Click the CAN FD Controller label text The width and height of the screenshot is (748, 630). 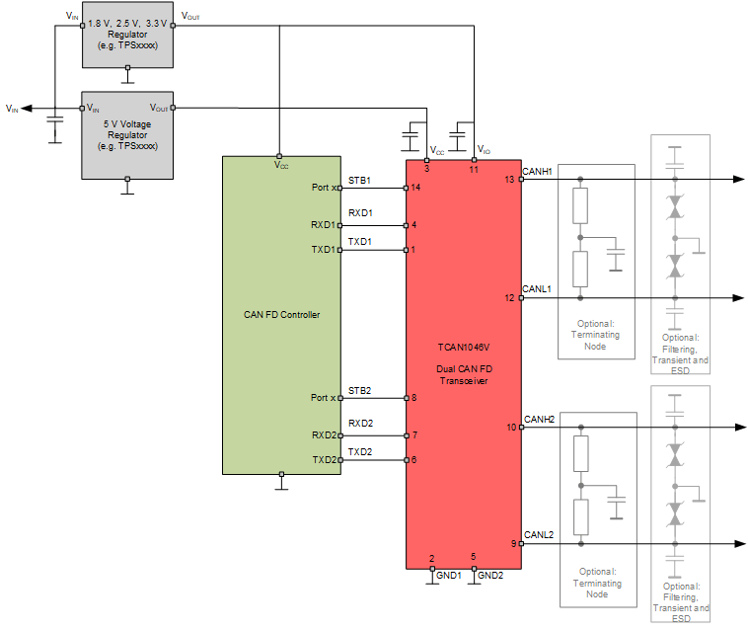pyautogui.click(x=281, y=315)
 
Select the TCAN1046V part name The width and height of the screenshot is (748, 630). pyautogui.click(x=464, y=348)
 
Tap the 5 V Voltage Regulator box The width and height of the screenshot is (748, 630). pyautogui.click(x=127, y=135)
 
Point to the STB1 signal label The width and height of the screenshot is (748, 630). pyautogui.click(x=359, y=181)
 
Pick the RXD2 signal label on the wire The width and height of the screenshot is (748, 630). pyautogui.click(x=360, y=424)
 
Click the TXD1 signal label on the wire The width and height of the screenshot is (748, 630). pyautogui.click(x=360, y=241)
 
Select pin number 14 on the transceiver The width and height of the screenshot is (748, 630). pyautogui.click(x=416, y=188)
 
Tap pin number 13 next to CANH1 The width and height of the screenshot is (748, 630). pyautogui.click(x=509, y=180)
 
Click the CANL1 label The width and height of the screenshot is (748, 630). pyautogui.click(x=537, y=289)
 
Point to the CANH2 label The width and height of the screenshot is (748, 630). pyautogui.click(x=539, y=419)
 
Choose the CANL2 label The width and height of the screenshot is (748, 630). pyautogui.click(x=539, y=535)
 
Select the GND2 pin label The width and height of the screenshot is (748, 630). pyautogui.click(x=490, y=575)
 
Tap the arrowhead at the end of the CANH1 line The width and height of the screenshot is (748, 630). pyautogui.click(x=738, y=180)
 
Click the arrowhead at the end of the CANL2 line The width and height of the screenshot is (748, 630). pyautogui.click(x=738, y=544)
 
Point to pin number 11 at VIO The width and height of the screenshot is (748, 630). pyautogui.click(x=474, y=170)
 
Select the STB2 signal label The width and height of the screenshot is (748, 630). pyautogui.click(x=359, y=391)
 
